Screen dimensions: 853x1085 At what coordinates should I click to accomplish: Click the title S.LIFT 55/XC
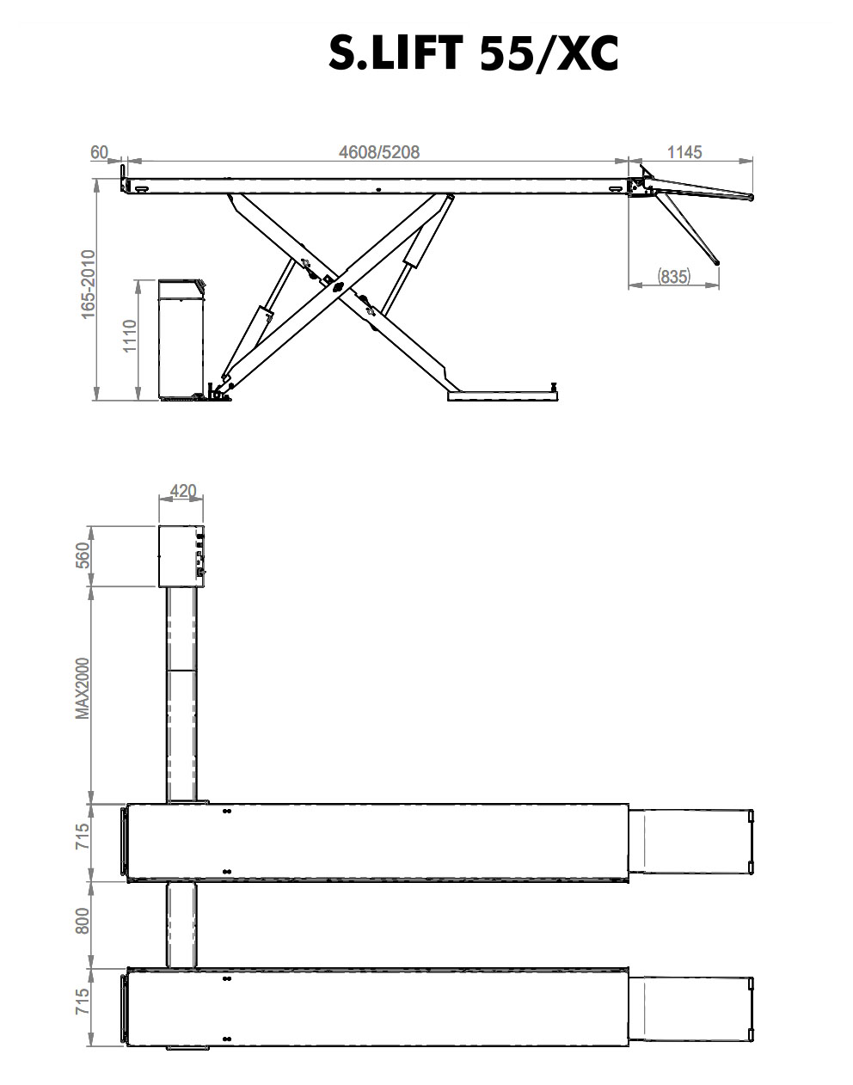click(x=474, y=54)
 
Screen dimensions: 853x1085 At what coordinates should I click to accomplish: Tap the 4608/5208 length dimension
click(x=379, y=152)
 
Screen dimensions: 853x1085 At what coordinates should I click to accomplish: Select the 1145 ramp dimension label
click(x=684, y=152)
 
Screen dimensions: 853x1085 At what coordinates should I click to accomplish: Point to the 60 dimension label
click(x=100, y=152)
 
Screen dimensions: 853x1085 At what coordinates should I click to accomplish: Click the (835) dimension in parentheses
click(x=673, y=276)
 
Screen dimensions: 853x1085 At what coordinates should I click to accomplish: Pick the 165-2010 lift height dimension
click(x=88, y=285)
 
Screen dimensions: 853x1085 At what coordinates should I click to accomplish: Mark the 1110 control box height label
click(x=129, y=336)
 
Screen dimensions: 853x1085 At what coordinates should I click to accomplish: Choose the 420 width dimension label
click(x=183, y=491)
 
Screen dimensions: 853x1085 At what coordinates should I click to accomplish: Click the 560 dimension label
click(x=83, y=555)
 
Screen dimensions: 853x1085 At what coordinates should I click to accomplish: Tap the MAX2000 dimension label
click(x=83, y=689)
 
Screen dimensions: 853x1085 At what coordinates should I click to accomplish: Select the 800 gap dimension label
click(x=83, y=921)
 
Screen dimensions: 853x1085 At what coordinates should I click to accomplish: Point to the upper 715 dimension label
click(x=83, y=836)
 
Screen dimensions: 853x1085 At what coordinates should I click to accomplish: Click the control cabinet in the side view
click(x=181, y=340)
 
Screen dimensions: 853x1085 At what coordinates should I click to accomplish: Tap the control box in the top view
click(x=181, y=555)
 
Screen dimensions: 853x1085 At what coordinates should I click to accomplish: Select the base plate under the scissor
click(x=502, y=395)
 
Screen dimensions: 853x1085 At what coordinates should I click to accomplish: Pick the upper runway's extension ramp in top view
click(x=691, y=842)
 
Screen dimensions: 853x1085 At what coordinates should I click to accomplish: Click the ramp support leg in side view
click(x=687, y=228)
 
